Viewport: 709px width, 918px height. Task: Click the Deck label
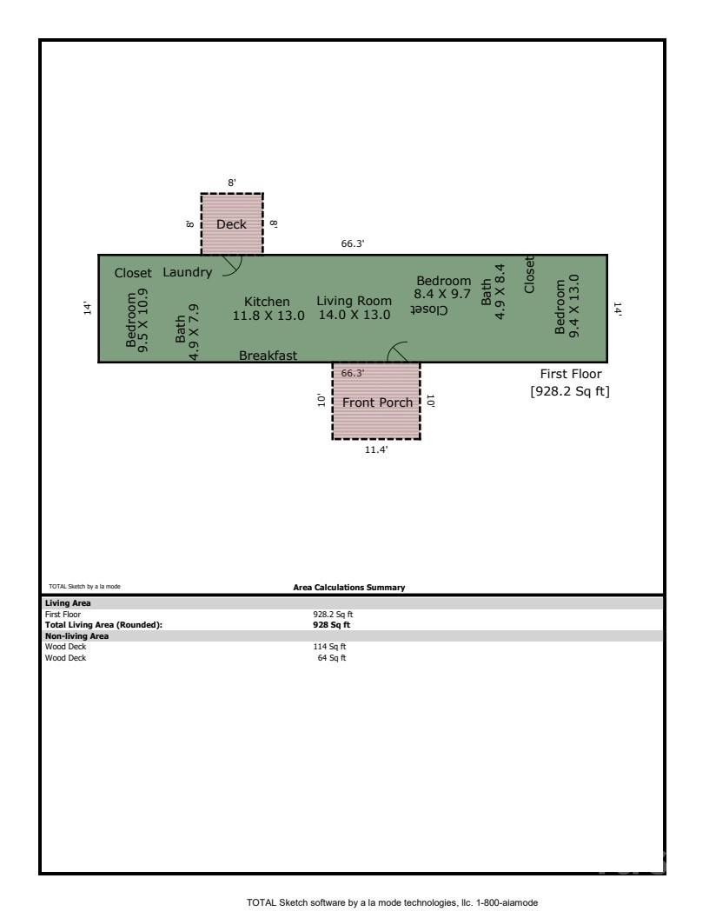[x=231, y=224]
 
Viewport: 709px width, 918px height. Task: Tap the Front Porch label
[x=377, y=402]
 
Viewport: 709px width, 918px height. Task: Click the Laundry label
[x=187, y=272]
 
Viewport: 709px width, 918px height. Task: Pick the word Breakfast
[x=268, y=356]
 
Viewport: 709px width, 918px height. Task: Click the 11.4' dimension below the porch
[x=375, y=449]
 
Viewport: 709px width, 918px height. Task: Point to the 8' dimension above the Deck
[x=231, y=183]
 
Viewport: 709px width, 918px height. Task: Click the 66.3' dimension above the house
[x=352, y=244]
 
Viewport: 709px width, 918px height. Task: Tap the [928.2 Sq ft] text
[x=570, y=391]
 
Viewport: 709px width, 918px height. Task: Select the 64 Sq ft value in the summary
[x=331, y=658]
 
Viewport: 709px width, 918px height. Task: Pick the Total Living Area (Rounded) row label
[x=103, y=625]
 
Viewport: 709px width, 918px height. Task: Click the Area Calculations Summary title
[x=349, y=588]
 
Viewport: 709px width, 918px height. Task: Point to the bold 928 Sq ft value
[x=332, y=625]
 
